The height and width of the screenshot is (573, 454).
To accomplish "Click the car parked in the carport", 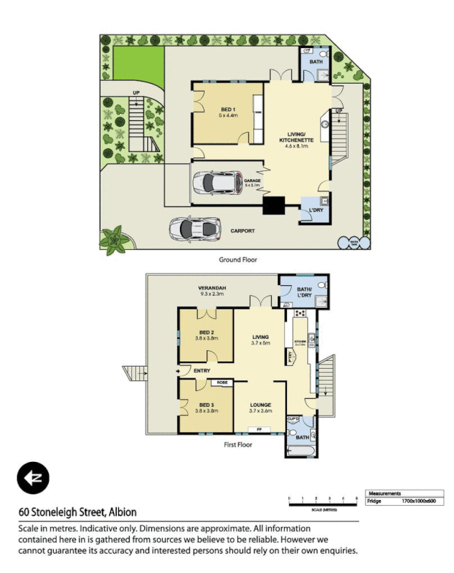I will click(194, 229).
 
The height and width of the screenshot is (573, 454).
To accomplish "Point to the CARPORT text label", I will click(242, 231).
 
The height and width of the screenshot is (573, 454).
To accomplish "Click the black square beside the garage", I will click(273, 206).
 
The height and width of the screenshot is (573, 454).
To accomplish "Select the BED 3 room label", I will click(207, 408).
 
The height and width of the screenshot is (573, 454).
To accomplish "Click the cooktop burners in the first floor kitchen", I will click(301, 313).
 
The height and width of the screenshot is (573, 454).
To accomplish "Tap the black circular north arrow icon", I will click(33, 478).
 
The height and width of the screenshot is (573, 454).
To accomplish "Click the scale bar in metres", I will click(322, 502).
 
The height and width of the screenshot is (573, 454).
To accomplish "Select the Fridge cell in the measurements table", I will click(374, 501).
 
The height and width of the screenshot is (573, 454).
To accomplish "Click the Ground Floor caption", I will click(237, 260).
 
